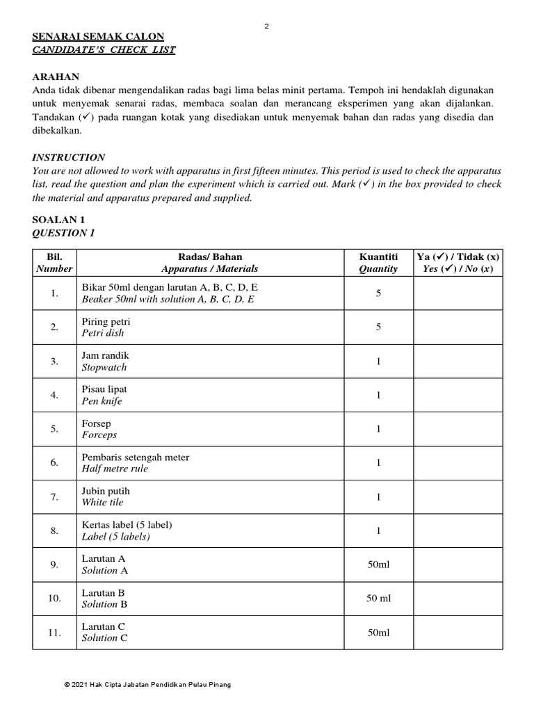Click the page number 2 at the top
coord(267,26)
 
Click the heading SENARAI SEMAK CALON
coord(98,37)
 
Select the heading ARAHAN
coord(56,76)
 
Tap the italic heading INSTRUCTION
coord(69,158)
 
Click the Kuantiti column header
coord(378,263)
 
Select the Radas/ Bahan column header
coord(209,263)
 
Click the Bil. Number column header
coord(54,263)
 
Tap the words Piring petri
coord(106,322)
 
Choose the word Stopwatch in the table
coord(104,367)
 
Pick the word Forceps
coord(99,435)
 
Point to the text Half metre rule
coord(115,469)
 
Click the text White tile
coord(103,502)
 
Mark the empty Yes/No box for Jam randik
coord(458,362)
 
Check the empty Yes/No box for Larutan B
coord(458,599)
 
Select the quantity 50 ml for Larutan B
coord(378,599)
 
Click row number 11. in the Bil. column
coord(54,633)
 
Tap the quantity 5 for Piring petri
coord(378,327)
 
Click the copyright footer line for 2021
coord(147,685)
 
